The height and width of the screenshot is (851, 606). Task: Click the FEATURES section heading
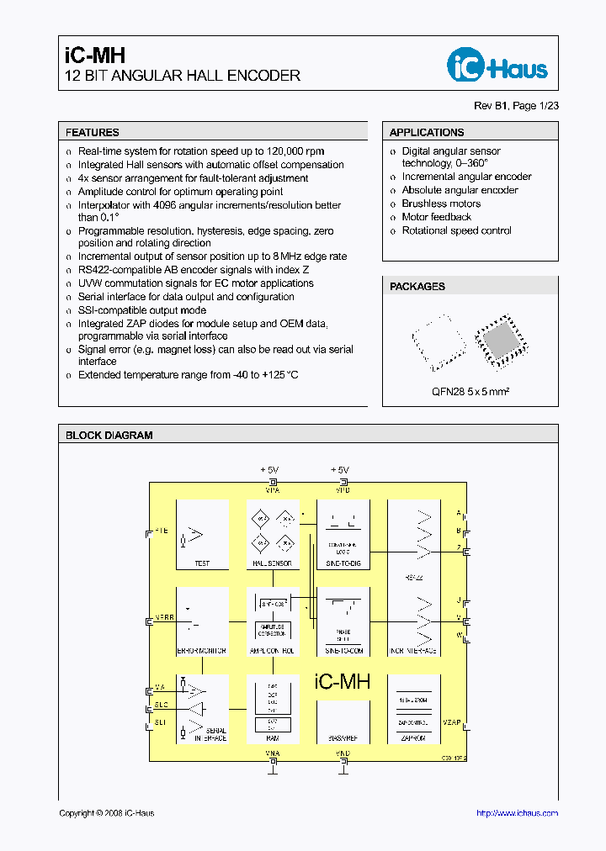point(93,132)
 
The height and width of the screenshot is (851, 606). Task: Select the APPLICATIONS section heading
point(427,132)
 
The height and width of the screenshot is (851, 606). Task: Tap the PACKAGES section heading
point(417,286)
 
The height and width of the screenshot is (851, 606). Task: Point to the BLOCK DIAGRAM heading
point(109,435)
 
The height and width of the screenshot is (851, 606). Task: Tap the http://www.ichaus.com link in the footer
point(517,812)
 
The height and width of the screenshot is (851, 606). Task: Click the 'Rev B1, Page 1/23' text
point(516,105)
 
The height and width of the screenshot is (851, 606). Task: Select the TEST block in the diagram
point(202,535)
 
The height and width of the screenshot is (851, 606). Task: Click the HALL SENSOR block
point(273,535)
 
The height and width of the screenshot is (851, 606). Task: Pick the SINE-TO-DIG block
point(343,535)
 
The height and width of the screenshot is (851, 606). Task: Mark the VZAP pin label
point(452,722)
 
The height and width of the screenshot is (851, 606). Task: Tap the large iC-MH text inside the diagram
point(342,682)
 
